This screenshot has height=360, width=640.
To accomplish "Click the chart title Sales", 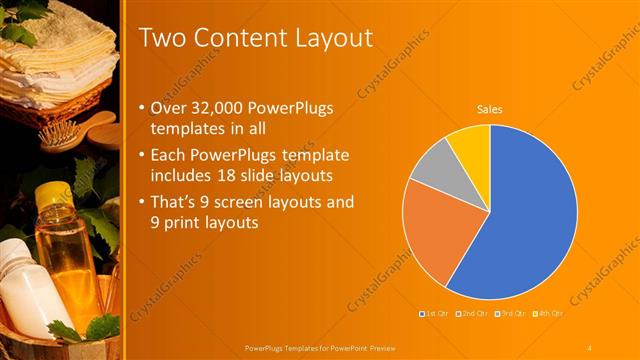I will click(489, 109).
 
